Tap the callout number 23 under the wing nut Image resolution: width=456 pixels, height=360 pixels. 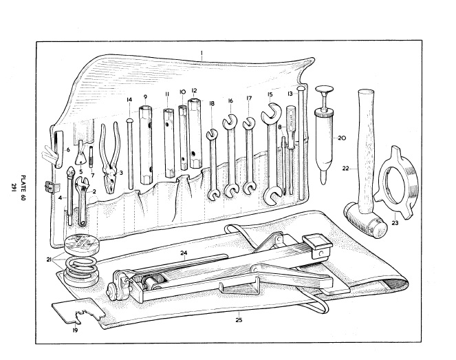point(395,222)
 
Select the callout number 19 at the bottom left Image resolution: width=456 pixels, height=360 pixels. point(74,330)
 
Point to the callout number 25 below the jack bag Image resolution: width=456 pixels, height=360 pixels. point(239,319)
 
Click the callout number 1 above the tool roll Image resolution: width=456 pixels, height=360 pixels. point(202,52)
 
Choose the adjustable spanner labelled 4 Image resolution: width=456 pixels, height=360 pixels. point(71,200)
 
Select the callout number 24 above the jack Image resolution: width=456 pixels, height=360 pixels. point(184,253)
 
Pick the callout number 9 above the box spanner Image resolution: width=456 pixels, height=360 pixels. point(146,96)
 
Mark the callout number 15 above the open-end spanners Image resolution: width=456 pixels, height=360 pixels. point(270,94)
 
